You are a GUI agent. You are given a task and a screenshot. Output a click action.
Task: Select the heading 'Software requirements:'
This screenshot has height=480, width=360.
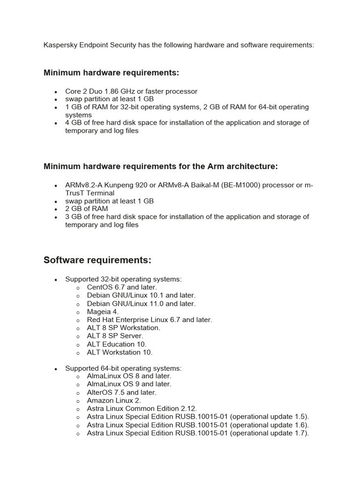click(x=97, y=260)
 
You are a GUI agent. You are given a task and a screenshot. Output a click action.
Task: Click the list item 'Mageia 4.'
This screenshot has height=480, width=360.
click(x=103, y=312)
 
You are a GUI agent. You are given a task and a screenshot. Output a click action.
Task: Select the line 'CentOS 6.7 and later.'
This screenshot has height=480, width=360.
click(x=122, y=287)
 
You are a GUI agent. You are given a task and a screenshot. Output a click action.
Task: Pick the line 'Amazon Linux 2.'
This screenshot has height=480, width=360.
click(x=114, y=400)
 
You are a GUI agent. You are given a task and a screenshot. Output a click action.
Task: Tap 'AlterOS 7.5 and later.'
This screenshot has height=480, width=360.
click(x=121, y=392)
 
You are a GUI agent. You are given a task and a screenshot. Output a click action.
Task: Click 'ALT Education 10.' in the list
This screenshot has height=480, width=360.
click(x=117, y=344)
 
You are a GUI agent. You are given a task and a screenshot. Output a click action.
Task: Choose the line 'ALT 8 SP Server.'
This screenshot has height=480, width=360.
click(x=115, y=336)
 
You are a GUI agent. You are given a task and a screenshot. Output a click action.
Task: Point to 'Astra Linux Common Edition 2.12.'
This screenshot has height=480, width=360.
click(x=142, y=409)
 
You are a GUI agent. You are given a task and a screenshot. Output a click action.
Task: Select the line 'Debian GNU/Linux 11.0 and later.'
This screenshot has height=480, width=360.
click(x=141, y=304)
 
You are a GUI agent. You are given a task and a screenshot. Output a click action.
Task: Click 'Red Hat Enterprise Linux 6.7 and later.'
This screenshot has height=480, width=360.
click(x=150, y=320)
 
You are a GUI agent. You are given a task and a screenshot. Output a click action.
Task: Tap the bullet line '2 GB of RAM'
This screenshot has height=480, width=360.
click(x=86, y=209)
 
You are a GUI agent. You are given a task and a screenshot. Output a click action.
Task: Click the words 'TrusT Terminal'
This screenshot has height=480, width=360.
click(x=90, y=193)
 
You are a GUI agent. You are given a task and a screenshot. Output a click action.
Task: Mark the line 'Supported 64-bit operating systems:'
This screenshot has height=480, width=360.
click(x=123, y=368)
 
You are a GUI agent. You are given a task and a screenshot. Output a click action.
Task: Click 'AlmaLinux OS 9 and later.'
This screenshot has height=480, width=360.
click(x=129, y=384)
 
